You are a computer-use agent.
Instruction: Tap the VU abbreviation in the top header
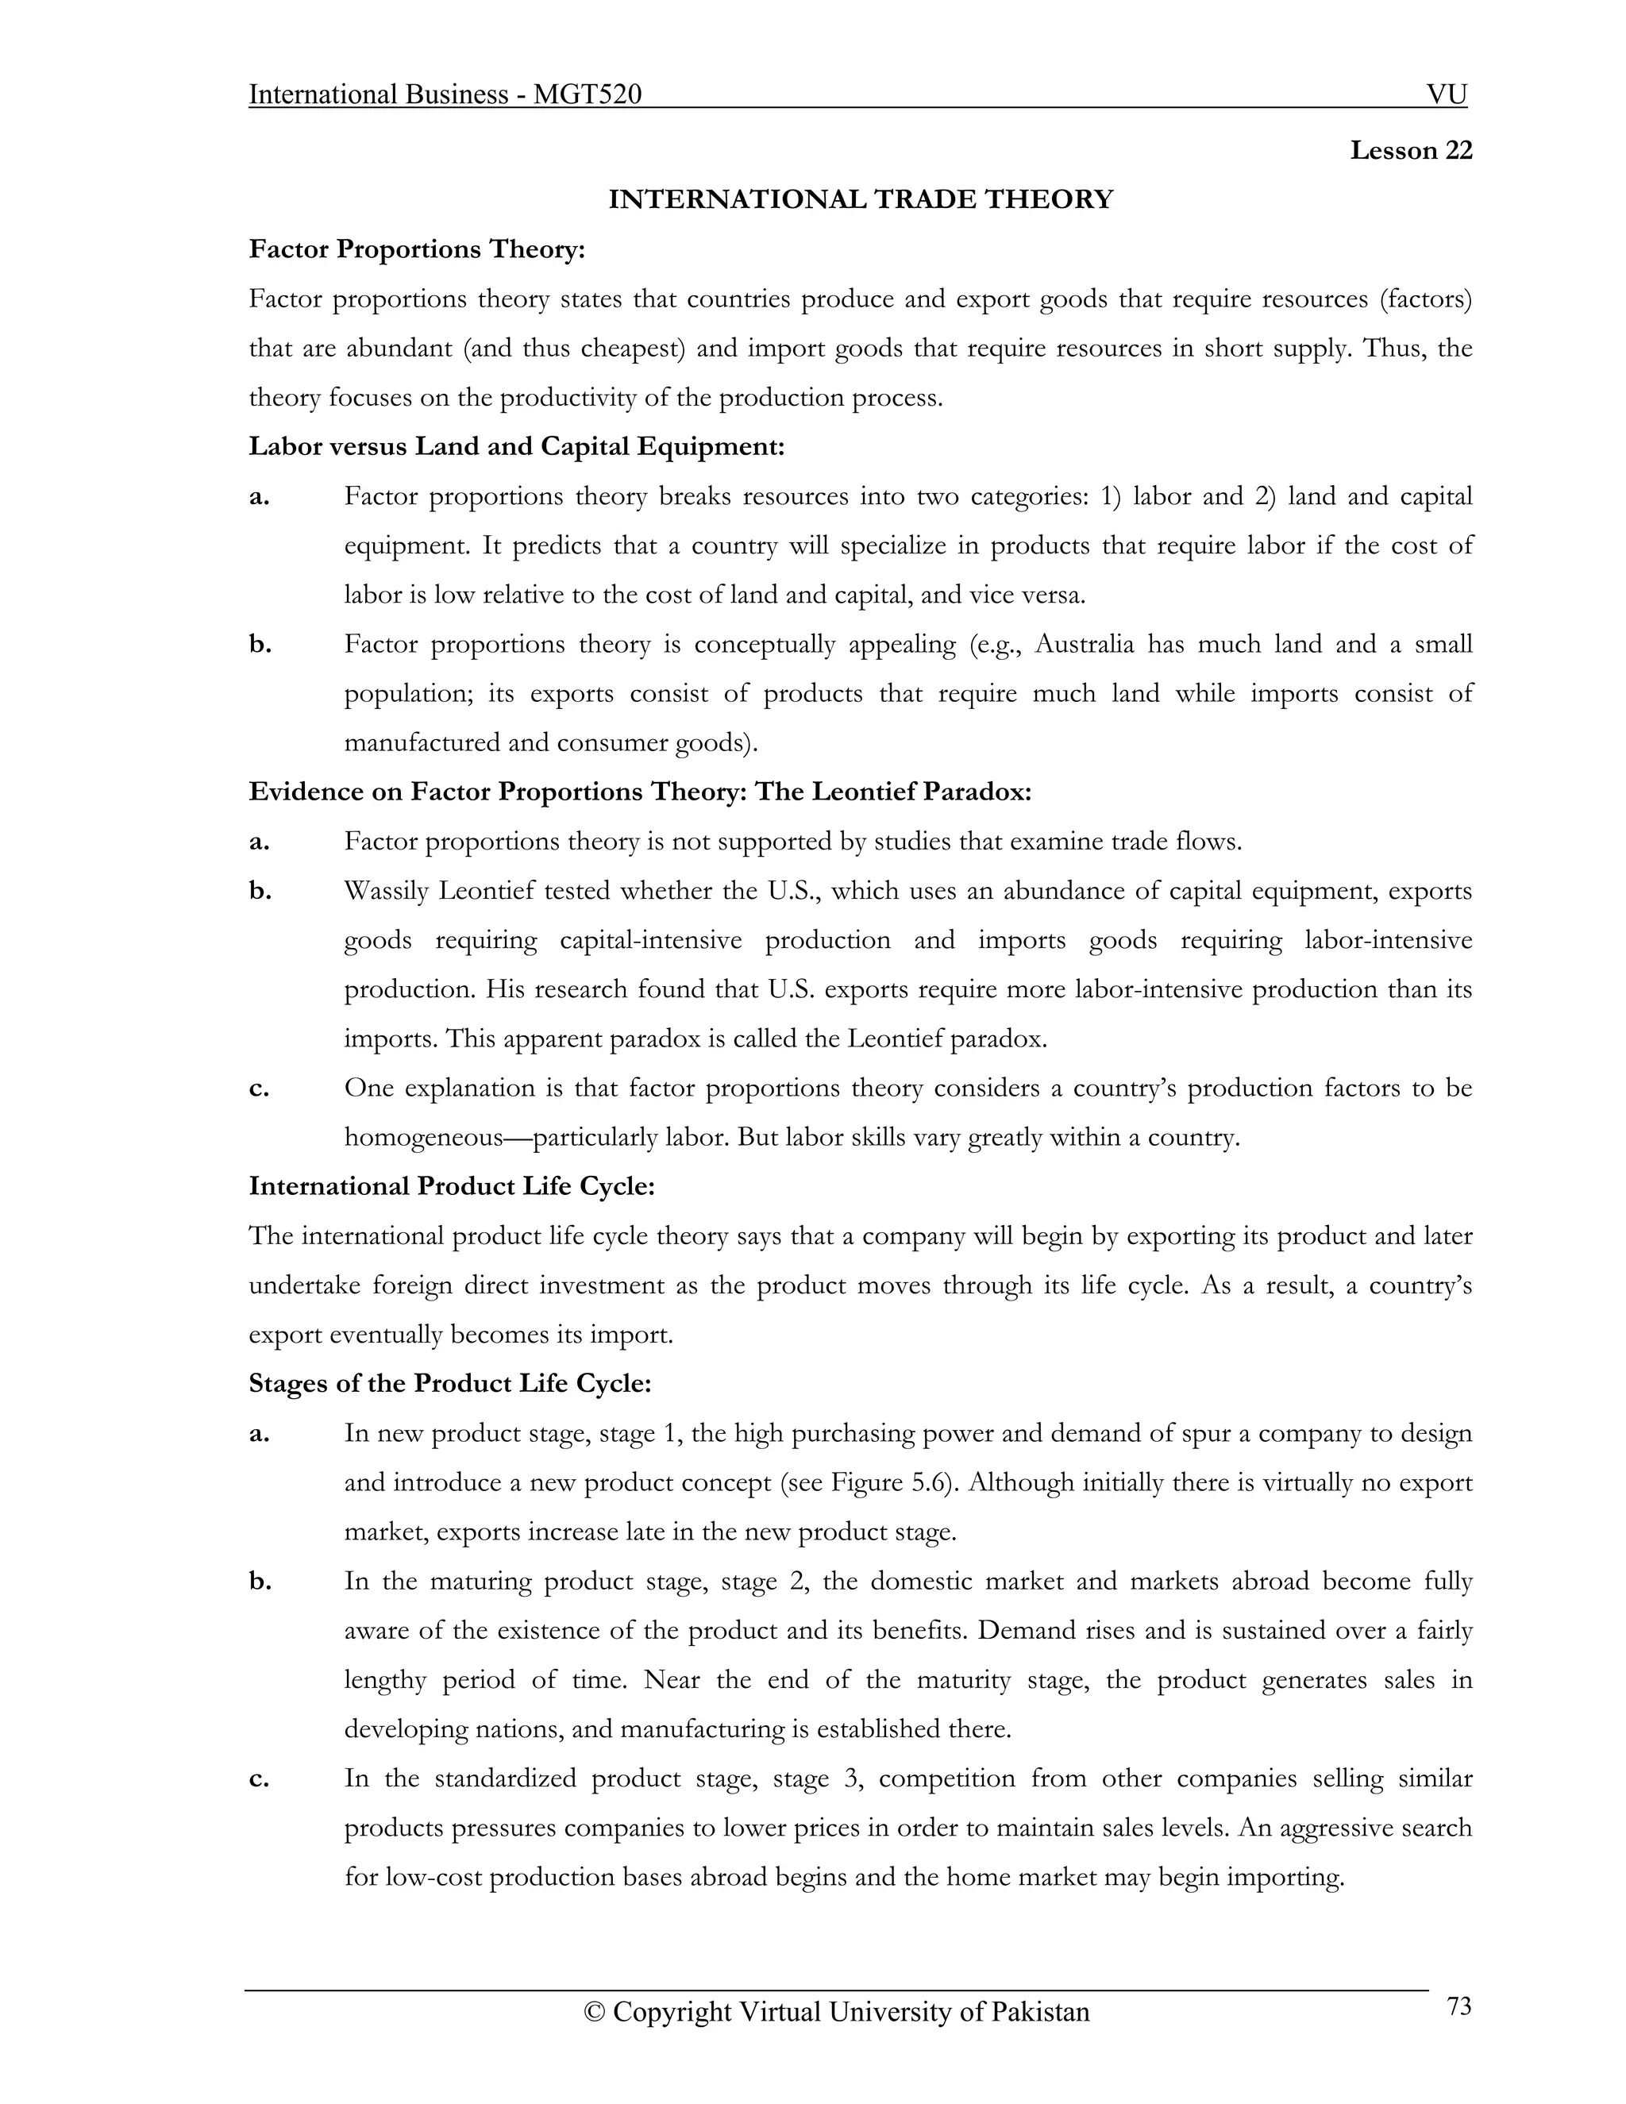pyautogui.click(x=1447, y=94)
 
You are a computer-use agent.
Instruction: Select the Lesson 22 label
pyautogui.click(x=1410, y=150)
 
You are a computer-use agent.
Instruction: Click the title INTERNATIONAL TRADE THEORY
pyautogui.click(x=860, y=199)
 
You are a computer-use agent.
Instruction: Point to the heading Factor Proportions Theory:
pyautogui.click(x=417, y=249)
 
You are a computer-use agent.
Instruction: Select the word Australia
pyautogui.click(x=1085, y=644)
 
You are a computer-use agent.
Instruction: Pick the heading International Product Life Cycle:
pyautogui.click(x=452, y=1187)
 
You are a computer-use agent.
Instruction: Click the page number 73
pyautogui.click(x=1458, y=2006)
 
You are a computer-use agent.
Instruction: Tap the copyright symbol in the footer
pyautogui.click(x=595, y=2013)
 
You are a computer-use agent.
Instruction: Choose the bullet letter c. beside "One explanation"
pyautogui.click(x=258, y=1089)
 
